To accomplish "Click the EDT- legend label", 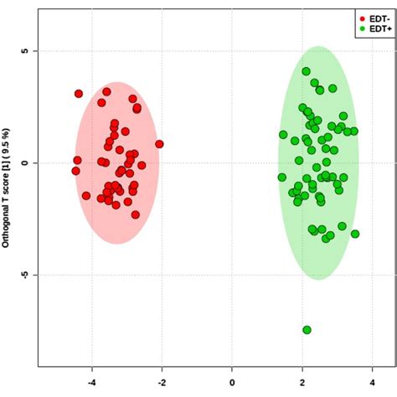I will point(377,17).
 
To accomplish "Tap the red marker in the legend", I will point(362,17).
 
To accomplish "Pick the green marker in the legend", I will point(362,28).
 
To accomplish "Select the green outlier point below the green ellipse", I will point(307,330).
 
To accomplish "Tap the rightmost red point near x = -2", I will point(158,144).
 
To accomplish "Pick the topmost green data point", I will point(307,72).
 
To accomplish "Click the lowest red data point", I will point(135,214).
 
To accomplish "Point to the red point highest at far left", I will point(79,94).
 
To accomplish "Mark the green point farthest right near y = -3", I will point(355,234).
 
